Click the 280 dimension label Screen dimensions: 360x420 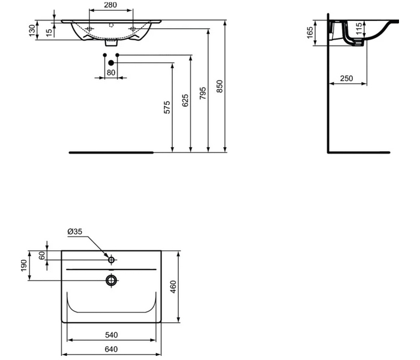(110, 5)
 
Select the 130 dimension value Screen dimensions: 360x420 (31, 29)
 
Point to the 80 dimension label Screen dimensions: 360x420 (110, 72)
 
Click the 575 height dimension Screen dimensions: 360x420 (167, 107)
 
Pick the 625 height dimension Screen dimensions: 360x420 (185, 100)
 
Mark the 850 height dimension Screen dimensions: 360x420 (220, 86)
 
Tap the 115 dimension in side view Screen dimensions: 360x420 (358, 29)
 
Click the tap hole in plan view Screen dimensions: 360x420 (111, 260)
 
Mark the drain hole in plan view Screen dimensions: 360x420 (111, 280)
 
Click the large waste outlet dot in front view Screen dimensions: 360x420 (110, 62)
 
